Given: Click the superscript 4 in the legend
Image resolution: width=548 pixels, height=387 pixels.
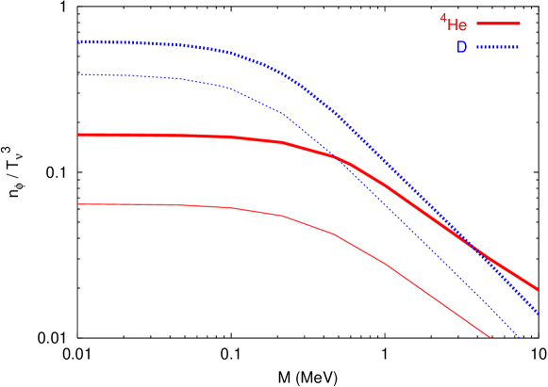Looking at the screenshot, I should tap(442, 17).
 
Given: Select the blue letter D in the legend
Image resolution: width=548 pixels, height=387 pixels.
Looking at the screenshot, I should tap(462, 47).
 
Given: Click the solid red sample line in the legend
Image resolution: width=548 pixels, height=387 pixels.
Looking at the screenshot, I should tap(498, 24).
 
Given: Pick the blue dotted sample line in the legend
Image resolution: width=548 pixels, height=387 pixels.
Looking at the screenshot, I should tap(498, 46).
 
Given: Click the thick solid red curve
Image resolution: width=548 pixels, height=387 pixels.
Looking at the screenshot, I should tap(189, 136).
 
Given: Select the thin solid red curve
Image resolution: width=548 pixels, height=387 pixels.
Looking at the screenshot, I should tap(189, 205).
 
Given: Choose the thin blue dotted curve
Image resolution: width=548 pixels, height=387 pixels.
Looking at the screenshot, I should tap(189, 81).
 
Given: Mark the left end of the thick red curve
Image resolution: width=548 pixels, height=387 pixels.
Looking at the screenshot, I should tap(78, 135).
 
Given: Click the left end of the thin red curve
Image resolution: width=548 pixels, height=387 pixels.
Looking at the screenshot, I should tap(78, 203).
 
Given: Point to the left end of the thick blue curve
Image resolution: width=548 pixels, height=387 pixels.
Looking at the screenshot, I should tap(78, 41).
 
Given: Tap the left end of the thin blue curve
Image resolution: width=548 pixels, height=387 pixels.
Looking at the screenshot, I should tap(78, 74).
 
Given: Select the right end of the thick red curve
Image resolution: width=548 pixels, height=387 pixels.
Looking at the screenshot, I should tap(537, 288).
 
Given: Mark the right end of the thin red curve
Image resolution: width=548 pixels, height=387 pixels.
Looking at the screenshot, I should tap(490, 336).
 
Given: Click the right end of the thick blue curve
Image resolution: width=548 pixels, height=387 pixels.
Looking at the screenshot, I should tap(539, 313).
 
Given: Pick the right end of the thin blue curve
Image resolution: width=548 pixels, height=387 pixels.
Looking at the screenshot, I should tap(520, 338).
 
